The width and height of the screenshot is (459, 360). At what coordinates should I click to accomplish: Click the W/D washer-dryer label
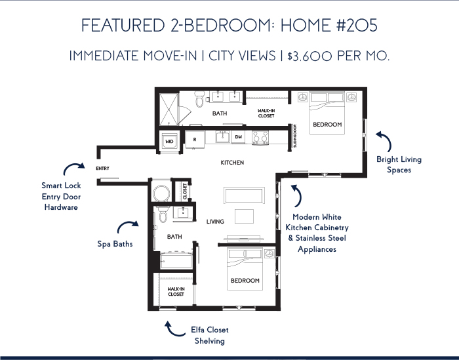click(x=169, y=142)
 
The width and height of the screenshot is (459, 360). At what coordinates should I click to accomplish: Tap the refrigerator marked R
click(x=195, y=140)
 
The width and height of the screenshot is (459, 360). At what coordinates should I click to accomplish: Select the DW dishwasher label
click(x=239, y=136)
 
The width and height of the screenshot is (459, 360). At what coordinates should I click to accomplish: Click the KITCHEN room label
click(x=232, y=163)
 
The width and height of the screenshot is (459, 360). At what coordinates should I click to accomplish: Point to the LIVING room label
click(x=215, y=222)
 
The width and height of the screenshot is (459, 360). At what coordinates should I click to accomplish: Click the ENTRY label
click(x=102, y=169)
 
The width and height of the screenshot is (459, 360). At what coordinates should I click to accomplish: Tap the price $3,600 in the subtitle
click(x=309, y=56)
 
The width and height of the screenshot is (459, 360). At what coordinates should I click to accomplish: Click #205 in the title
click(x=357, y=25)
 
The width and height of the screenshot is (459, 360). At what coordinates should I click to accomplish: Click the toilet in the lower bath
click(x=163, y=214)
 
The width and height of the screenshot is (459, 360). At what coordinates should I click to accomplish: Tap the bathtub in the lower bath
click(x=176, y=261)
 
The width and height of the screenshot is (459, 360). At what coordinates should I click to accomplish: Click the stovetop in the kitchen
click(x=260, y=137)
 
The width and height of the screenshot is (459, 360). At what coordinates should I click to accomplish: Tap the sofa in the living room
click(x=244, y=195)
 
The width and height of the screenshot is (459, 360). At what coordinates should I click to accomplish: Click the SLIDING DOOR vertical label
click(x=295, y=136)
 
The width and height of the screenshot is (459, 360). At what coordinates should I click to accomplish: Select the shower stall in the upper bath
click(x=169, y=110)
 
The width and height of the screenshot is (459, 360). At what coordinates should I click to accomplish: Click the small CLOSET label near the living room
click(x=185, y=191)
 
